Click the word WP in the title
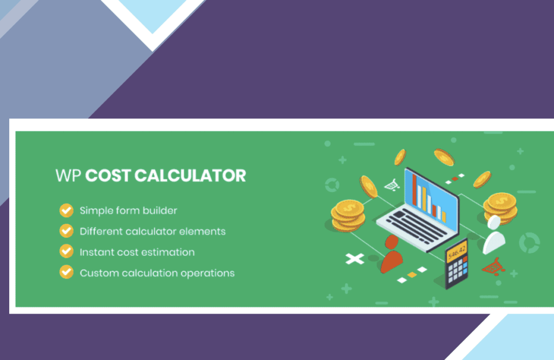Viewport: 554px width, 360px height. pos(68,176)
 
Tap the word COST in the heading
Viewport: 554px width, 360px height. pos(108,176)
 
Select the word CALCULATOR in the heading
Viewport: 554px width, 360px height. pos(190,176)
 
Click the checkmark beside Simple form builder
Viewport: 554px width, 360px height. pos(67,210)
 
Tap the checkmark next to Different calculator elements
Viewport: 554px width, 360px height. pos(67,231)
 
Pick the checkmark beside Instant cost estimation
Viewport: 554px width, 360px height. pos(67,252)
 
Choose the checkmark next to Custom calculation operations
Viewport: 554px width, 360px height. pos(67,272)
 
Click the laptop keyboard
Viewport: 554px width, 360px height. pos(413,226)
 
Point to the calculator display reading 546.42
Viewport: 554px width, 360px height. pos(457,251)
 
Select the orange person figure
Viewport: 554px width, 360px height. pos(392,254)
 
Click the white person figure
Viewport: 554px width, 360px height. pos(494,235)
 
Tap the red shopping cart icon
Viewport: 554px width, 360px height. pos(493,267)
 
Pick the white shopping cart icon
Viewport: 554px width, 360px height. pos(392,185)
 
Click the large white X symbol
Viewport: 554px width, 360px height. pos(355,259)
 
